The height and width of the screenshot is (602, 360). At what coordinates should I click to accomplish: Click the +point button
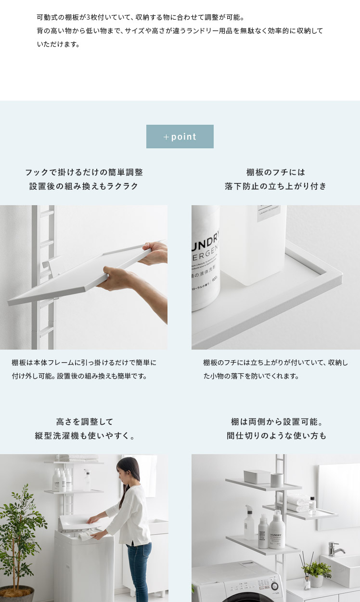(x=180, y=136)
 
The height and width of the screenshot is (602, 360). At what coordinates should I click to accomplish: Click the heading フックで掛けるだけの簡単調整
(x=84, y=172)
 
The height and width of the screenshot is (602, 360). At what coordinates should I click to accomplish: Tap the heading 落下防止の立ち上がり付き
(x=276, y=186)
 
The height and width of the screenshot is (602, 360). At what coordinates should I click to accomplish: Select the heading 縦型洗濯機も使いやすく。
(x=84, y=435)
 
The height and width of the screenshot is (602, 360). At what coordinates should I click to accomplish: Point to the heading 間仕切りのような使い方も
(x=276, y=435)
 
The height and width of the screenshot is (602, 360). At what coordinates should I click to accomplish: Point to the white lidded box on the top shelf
(x=257, y=477)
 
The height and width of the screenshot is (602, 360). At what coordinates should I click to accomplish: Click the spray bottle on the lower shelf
(x=249, y=522)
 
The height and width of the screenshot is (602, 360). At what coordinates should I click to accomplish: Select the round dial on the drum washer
(x=274, y=586)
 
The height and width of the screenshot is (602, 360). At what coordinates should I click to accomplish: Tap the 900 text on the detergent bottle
(x=216, y=279)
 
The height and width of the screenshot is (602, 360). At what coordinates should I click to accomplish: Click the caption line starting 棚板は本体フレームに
(x=84, y=363)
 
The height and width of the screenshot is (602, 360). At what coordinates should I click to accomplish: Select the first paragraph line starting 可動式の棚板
(x=141, y=17)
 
